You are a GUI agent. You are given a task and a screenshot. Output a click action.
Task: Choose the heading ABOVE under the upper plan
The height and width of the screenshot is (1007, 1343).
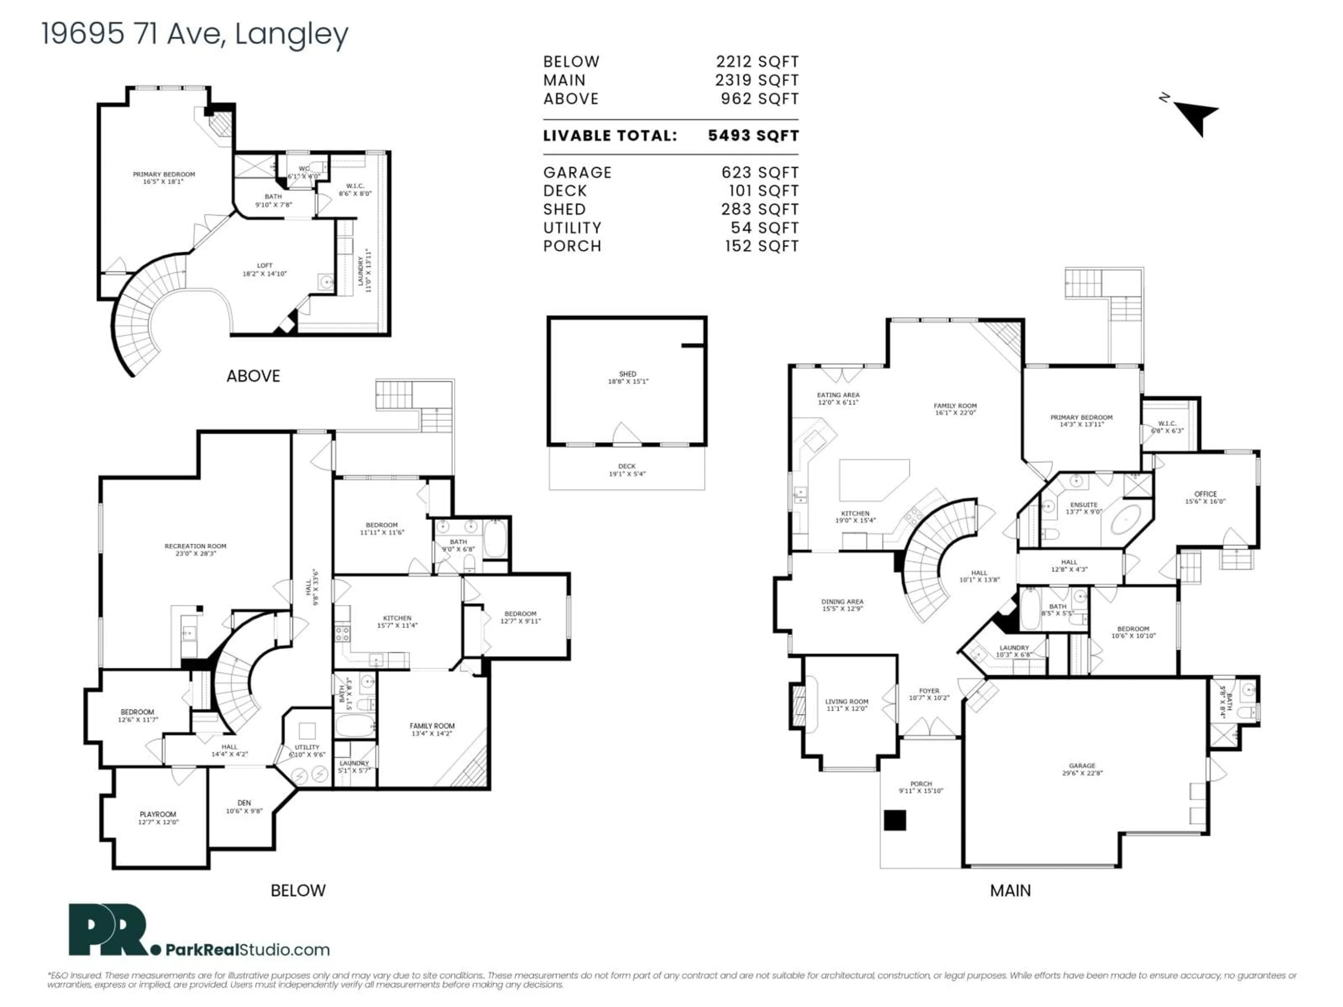click(253, 376)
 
